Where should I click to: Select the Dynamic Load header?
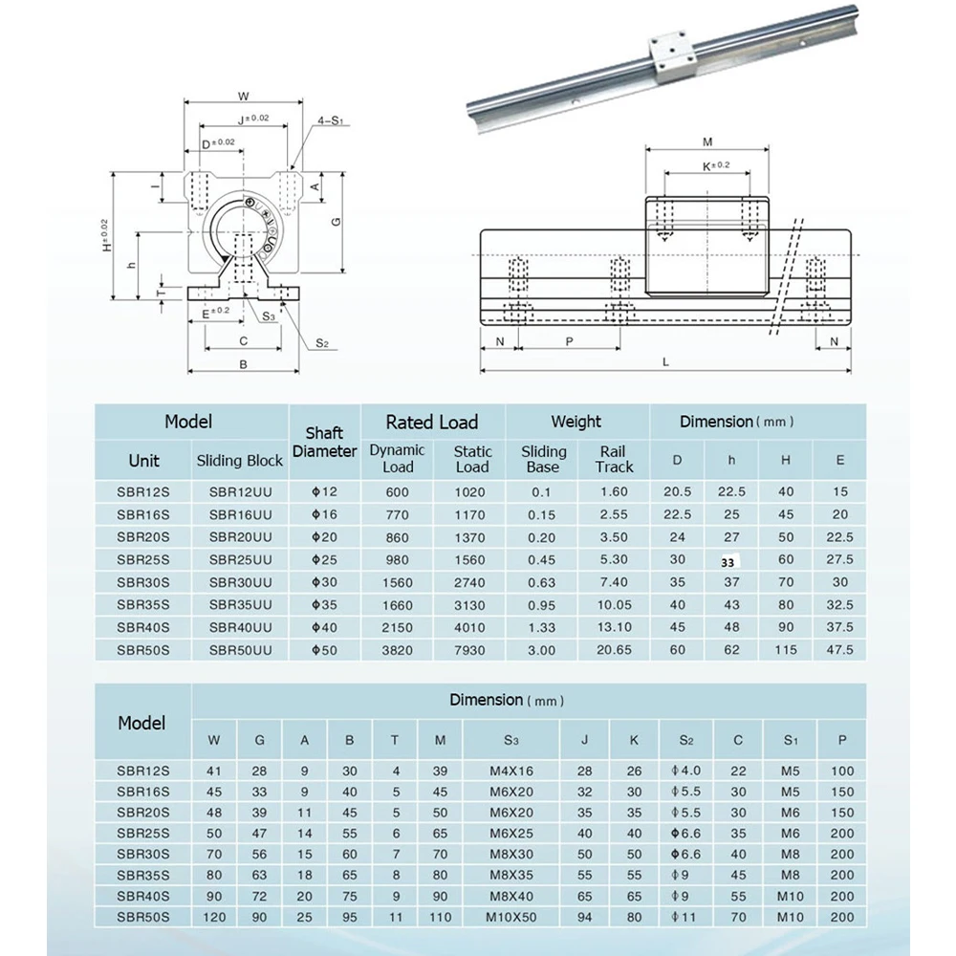pyautogui.click(x=398, y=459)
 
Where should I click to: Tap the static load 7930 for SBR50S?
pyautogui.click(x=471, y=651)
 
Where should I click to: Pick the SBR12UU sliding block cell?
pyautogui.click(x=240, y=492)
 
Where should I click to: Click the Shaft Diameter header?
pyautogui.click(x=324, y=442)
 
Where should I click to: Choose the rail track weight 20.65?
pyautogui.click(x=614, y=651)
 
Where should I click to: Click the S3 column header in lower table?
pyautogui.click(x=511, y=738)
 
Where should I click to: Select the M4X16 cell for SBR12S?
pyautogui.click(x=511, y=770)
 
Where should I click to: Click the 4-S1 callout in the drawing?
pyautogui.click(x=330, y=121)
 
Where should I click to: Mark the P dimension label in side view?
pyautogui.click(x=570, y=340)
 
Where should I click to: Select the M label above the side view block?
pyautogui.click(x=707, y=142)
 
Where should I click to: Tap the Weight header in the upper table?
pyautogui.click(x=576, y=422)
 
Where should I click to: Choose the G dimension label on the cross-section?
pyautogui.click(x=335, y=222)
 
